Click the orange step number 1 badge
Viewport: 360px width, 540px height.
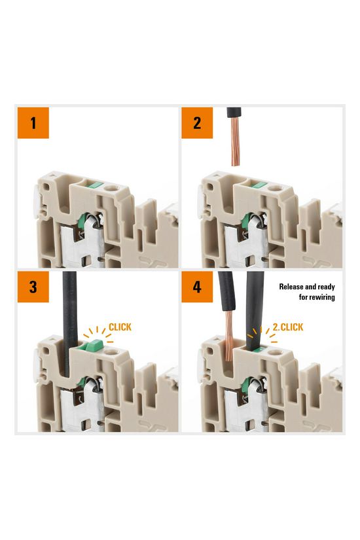[33, 122]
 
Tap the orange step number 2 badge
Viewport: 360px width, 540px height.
[198, 122]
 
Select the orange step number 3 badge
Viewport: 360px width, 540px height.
[33, 287]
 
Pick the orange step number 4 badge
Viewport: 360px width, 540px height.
[198, 287]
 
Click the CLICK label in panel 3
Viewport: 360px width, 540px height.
[120, 326]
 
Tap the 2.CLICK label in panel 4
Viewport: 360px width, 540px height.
[288, 327]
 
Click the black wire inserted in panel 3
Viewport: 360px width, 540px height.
[69, 314]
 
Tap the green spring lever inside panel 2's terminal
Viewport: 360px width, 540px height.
[249, 223]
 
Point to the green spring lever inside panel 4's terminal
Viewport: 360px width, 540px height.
[249, 386]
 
